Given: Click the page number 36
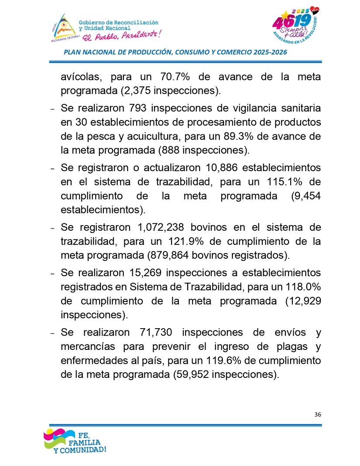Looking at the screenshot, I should [317, 415].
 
